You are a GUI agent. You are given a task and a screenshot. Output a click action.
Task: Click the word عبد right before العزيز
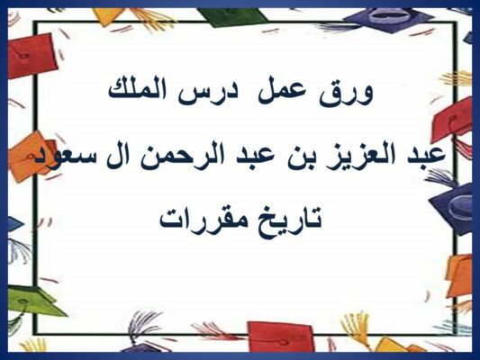pos(423,154)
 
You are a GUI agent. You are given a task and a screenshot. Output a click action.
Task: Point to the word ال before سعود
pos(123,155)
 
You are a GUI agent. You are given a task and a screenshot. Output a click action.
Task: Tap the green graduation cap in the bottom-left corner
pos(32,301)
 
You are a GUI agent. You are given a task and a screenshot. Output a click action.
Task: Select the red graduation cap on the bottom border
pos(280,337)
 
